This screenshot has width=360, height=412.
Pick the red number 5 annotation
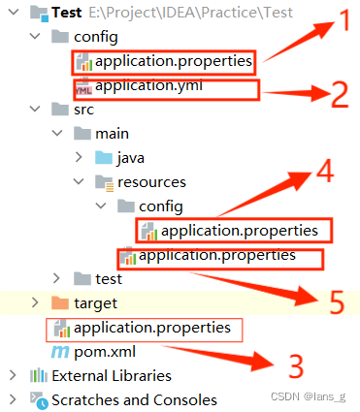tap(336, 302)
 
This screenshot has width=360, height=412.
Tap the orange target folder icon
tap(59, 303)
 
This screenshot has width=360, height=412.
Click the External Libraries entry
tap(112, 375)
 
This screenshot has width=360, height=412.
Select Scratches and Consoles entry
tap(134, 399)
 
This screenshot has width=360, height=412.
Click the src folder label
tap(83, 110)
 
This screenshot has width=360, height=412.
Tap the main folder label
tap(113, 133)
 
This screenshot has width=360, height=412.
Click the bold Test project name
tap(66, 14)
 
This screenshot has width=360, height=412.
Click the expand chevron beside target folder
tap(36, 303)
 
